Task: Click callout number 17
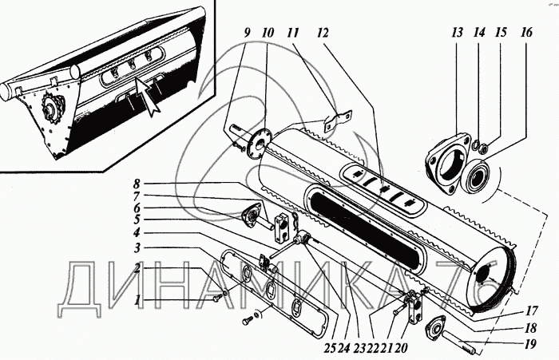(531, 312)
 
